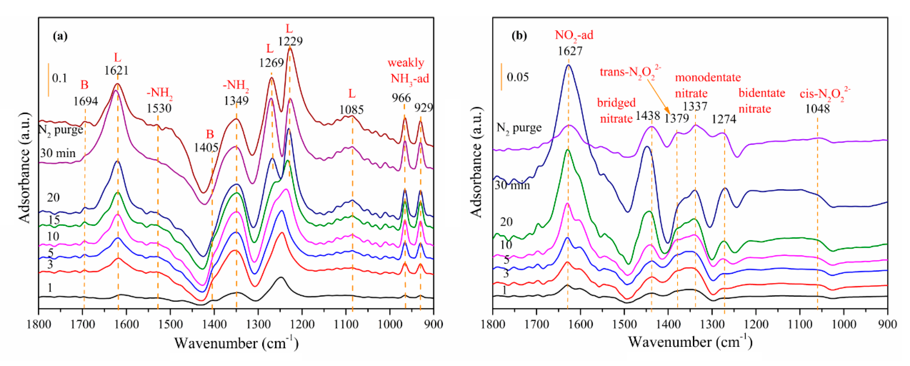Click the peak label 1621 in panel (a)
pyautogui.click(x=116, y=70)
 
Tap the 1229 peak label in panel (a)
pyautogui.click(x=290, y=41)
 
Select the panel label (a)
pyautogui.click(x=60, y=36)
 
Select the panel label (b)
pyautogui.click(x=519, y=36)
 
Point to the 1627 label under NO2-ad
pyautogui.click(x=570, y=51)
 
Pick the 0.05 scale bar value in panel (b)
pyautogui.click(x=518, y=77)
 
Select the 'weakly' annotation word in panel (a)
pyautogui.click(x=406, y=63)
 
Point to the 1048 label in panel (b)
pyautogui.click(x=817, y=109)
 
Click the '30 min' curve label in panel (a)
pyautogui.click(x=58, y=153)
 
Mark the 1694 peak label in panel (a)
pyautogui.click(x=85, y=101)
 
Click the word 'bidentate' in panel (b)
pyautogui.click(x=762, y=93)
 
